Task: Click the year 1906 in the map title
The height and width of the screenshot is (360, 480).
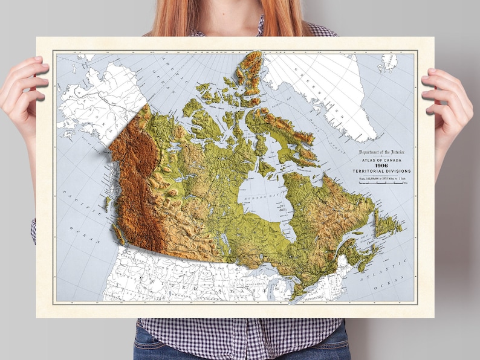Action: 381,165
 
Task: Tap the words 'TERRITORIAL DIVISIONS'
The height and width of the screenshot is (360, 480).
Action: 381,171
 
